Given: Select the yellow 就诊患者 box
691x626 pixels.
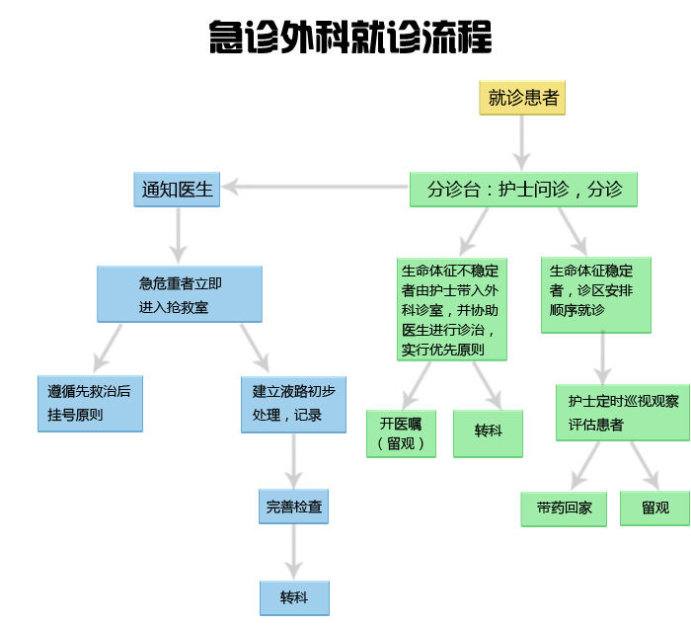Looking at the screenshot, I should click(522, 98).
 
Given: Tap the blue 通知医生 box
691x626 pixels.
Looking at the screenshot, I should click(177, 190).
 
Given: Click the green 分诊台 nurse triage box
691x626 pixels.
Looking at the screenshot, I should click(523, 190).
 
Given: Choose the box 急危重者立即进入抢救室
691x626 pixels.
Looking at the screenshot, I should click(180, 294).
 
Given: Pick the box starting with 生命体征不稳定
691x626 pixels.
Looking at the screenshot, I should click(451, 309).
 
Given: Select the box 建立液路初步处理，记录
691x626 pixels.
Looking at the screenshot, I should click(293, 403).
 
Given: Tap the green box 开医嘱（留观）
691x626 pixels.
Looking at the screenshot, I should click(401, 432).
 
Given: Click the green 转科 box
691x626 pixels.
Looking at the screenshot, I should click(488, 432).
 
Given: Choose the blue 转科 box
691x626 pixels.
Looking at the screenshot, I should click(293, 598).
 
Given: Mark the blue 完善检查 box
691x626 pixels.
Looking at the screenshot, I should click(293, 508).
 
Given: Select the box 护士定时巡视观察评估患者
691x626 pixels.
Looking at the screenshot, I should click(622, 412).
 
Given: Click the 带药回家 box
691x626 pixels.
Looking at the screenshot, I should click(564, 509).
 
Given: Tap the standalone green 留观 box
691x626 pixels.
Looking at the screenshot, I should click(654, 508).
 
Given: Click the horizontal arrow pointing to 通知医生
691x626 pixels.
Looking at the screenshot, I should click(316, 188).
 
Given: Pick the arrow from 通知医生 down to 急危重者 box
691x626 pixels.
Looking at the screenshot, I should click(178, 233).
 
